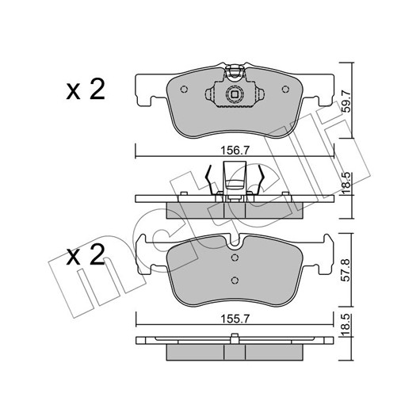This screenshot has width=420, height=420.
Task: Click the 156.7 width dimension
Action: tap(235, 151)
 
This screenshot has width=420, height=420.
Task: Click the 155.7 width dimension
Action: tap(235, 319)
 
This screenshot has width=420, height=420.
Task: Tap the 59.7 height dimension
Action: tap(347, 101)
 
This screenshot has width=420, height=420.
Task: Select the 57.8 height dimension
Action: tap(346, 270)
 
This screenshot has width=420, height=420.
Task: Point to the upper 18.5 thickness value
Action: tap(346, 180)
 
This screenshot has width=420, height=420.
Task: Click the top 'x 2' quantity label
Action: tap(86, 90)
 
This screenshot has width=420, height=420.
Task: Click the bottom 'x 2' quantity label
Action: tap(86, 255)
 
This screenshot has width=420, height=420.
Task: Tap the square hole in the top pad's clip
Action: tap(235, 94)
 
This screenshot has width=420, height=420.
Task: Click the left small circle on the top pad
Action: tap(184, 90)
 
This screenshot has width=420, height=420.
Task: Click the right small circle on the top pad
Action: tap(285, 90)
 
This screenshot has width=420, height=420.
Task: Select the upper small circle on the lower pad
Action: tap(235, 258)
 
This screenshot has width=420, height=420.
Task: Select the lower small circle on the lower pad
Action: tap(235, 281)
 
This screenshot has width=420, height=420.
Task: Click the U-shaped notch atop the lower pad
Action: tap(235, 242)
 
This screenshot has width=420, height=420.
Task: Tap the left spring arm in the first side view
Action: tap(209, 179)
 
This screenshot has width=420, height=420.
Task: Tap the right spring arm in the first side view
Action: tap(261, 179)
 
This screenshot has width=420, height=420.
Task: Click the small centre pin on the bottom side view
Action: tap(235, 338)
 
